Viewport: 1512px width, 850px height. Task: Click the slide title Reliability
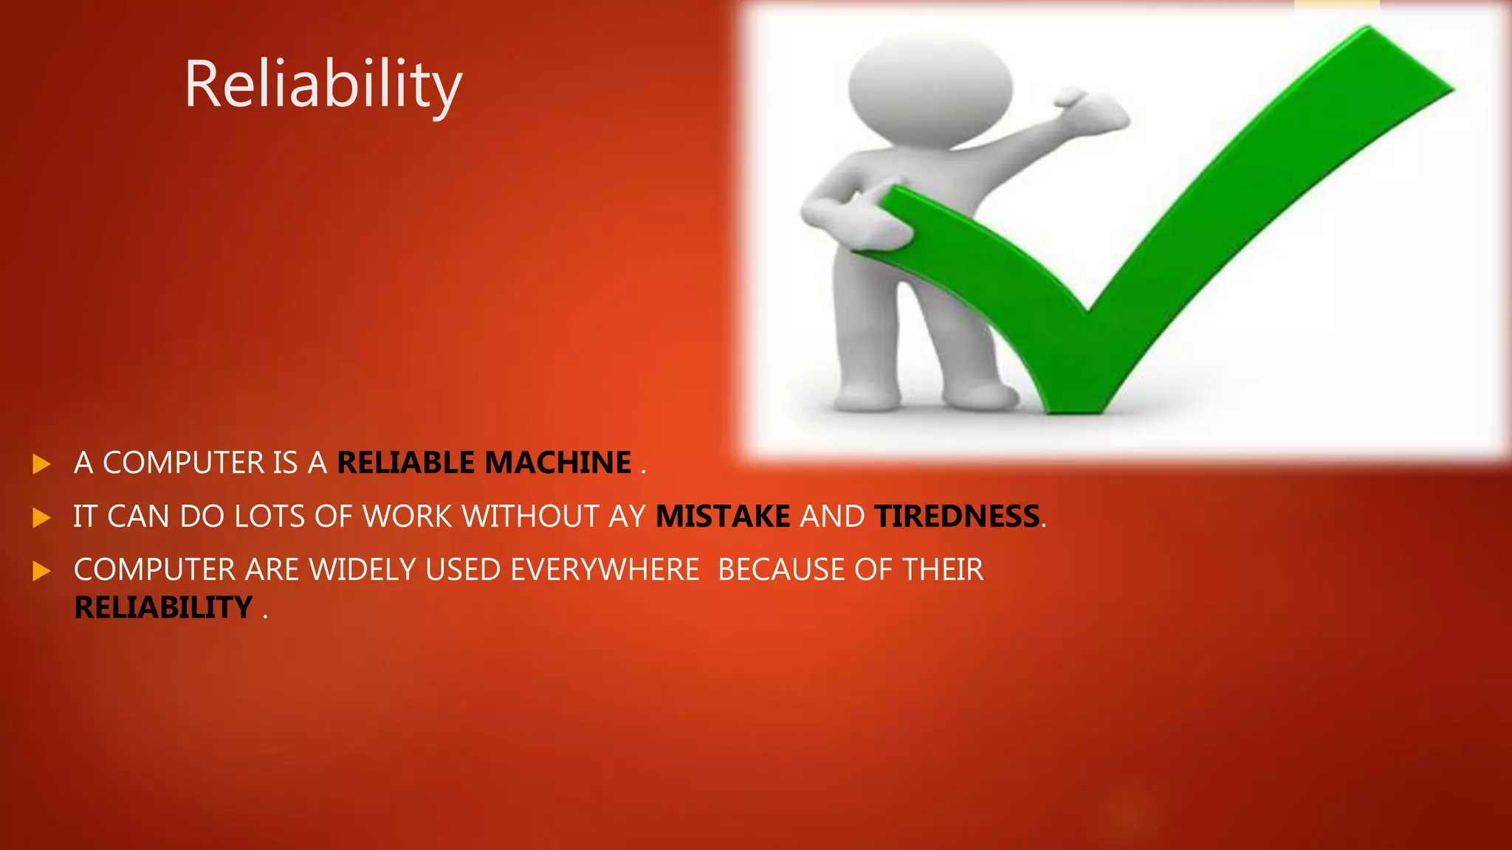(x=323, y=85)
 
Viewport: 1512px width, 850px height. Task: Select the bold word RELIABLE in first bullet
(x=405, y=463)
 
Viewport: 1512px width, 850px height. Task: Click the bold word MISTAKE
(x=723, y=516)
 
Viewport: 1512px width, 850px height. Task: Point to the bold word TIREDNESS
(x=957, y=516)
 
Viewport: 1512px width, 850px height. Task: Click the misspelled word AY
(x=628, y=516)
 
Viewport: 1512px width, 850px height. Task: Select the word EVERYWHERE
(x=604, y=570)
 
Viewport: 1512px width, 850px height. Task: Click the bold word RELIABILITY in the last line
(x=163, y=608)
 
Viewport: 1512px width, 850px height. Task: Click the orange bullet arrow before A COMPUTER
(x=41, y=464)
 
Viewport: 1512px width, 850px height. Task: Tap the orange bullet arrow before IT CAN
(x=41, y=518)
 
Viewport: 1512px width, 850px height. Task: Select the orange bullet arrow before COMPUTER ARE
(x=41, y=571)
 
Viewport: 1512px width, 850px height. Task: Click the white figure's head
(x=930, y=85)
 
